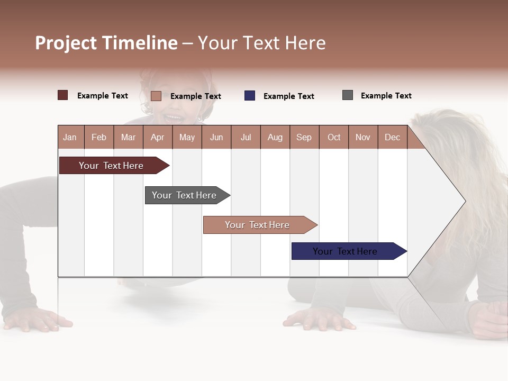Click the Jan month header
coord(70,137)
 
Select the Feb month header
coord(99,137)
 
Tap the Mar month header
coord(128,137)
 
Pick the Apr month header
coord(158,137)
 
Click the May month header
coord(187,137)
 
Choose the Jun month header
coord(216,137)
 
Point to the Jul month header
coord(246,137)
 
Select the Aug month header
coord(275,137)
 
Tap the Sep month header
coord(304,137)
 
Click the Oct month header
coord(334,137)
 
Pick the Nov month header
coord(363,137)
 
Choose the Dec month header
coord(393,137)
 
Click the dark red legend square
coord(63,95)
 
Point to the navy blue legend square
coord(250,95)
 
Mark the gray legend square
coord(348,95)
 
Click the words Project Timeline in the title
coord(106,43)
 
